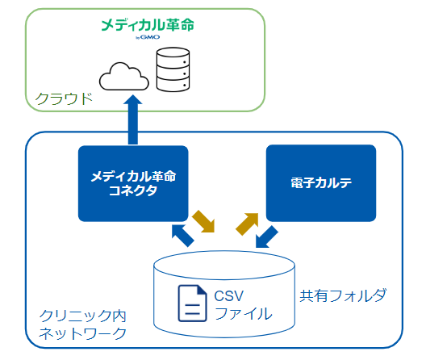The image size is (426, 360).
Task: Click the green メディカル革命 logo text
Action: (148, 25)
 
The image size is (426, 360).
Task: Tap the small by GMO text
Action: (148, 37)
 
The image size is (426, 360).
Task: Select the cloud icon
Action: (124, 77)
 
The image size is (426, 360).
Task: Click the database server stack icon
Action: (173, 69)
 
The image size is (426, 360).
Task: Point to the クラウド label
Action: (64, 98)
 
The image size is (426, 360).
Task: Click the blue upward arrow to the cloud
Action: (133, 119)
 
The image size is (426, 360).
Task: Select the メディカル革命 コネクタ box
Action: (133, 183)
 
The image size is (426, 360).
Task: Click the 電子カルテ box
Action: (321, 183)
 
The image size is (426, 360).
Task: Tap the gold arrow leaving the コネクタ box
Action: (204, 221)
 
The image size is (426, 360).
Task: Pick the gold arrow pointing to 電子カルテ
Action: (247, 224)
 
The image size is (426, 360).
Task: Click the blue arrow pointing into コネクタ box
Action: (182, 236)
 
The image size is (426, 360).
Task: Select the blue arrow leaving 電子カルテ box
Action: (267, 237)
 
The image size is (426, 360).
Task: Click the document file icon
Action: (192, 303)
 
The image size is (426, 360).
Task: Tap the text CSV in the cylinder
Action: (229, 296)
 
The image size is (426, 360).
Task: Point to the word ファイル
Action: (243, 313)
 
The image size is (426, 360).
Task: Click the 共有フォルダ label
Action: (343, 295)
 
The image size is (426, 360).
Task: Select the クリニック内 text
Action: (83, 316)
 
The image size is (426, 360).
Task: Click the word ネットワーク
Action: (83, 333)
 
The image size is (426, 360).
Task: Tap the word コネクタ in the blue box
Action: (133, 190)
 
